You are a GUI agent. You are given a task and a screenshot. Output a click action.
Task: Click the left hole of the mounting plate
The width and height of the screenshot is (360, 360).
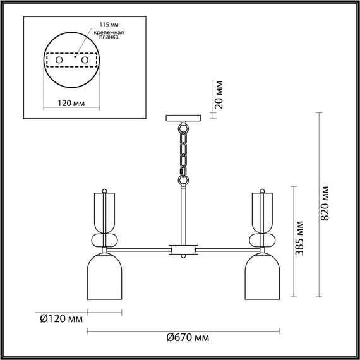click(x=58, y=59)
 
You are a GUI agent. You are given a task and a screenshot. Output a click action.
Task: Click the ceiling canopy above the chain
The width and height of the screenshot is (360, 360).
click(x=183, y=117)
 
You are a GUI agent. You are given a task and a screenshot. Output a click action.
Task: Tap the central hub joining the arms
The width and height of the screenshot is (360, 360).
click(x=183, y=249)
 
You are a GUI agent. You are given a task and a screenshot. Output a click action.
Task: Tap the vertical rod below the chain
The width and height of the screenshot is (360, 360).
click(x=183, y=212)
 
